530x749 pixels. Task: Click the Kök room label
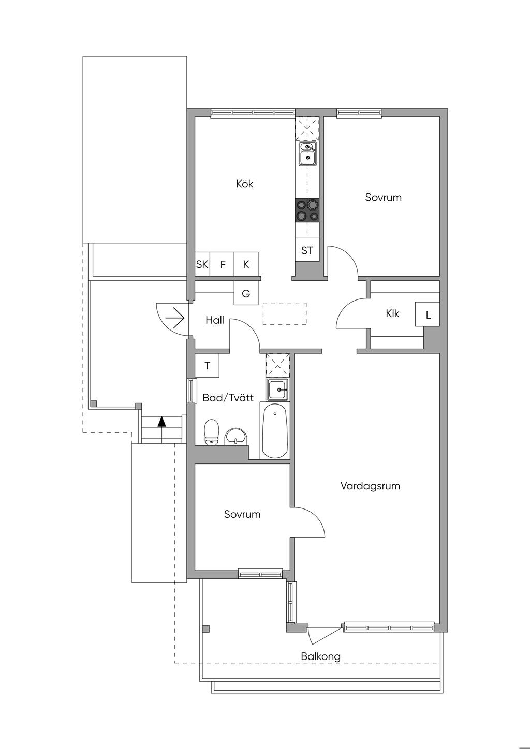[245, 184]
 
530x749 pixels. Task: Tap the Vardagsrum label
[370, 486]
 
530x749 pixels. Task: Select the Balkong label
[320, 656]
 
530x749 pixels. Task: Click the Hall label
[215, 320]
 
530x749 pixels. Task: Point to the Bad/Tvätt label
[228, 398]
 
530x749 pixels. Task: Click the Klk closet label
[392, 313]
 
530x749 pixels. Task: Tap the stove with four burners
[307, 211]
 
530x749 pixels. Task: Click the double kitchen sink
[307, 154]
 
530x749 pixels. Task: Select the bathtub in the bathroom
[275, 430]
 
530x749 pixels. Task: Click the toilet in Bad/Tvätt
[211, 432]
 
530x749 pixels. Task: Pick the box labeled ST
[307, 250]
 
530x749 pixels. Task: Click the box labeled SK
[202, 264]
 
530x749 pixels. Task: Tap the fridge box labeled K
[246, 264]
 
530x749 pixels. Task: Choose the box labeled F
[222, 264]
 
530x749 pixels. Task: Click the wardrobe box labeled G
[246, 293]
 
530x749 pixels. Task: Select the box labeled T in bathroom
[207, 366]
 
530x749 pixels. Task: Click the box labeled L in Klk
[428, 314]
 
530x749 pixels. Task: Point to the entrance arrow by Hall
[174, 318]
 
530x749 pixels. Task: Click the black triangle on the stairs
[162, 422]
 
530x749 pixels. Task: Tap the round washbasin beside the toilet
[236, 436]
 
